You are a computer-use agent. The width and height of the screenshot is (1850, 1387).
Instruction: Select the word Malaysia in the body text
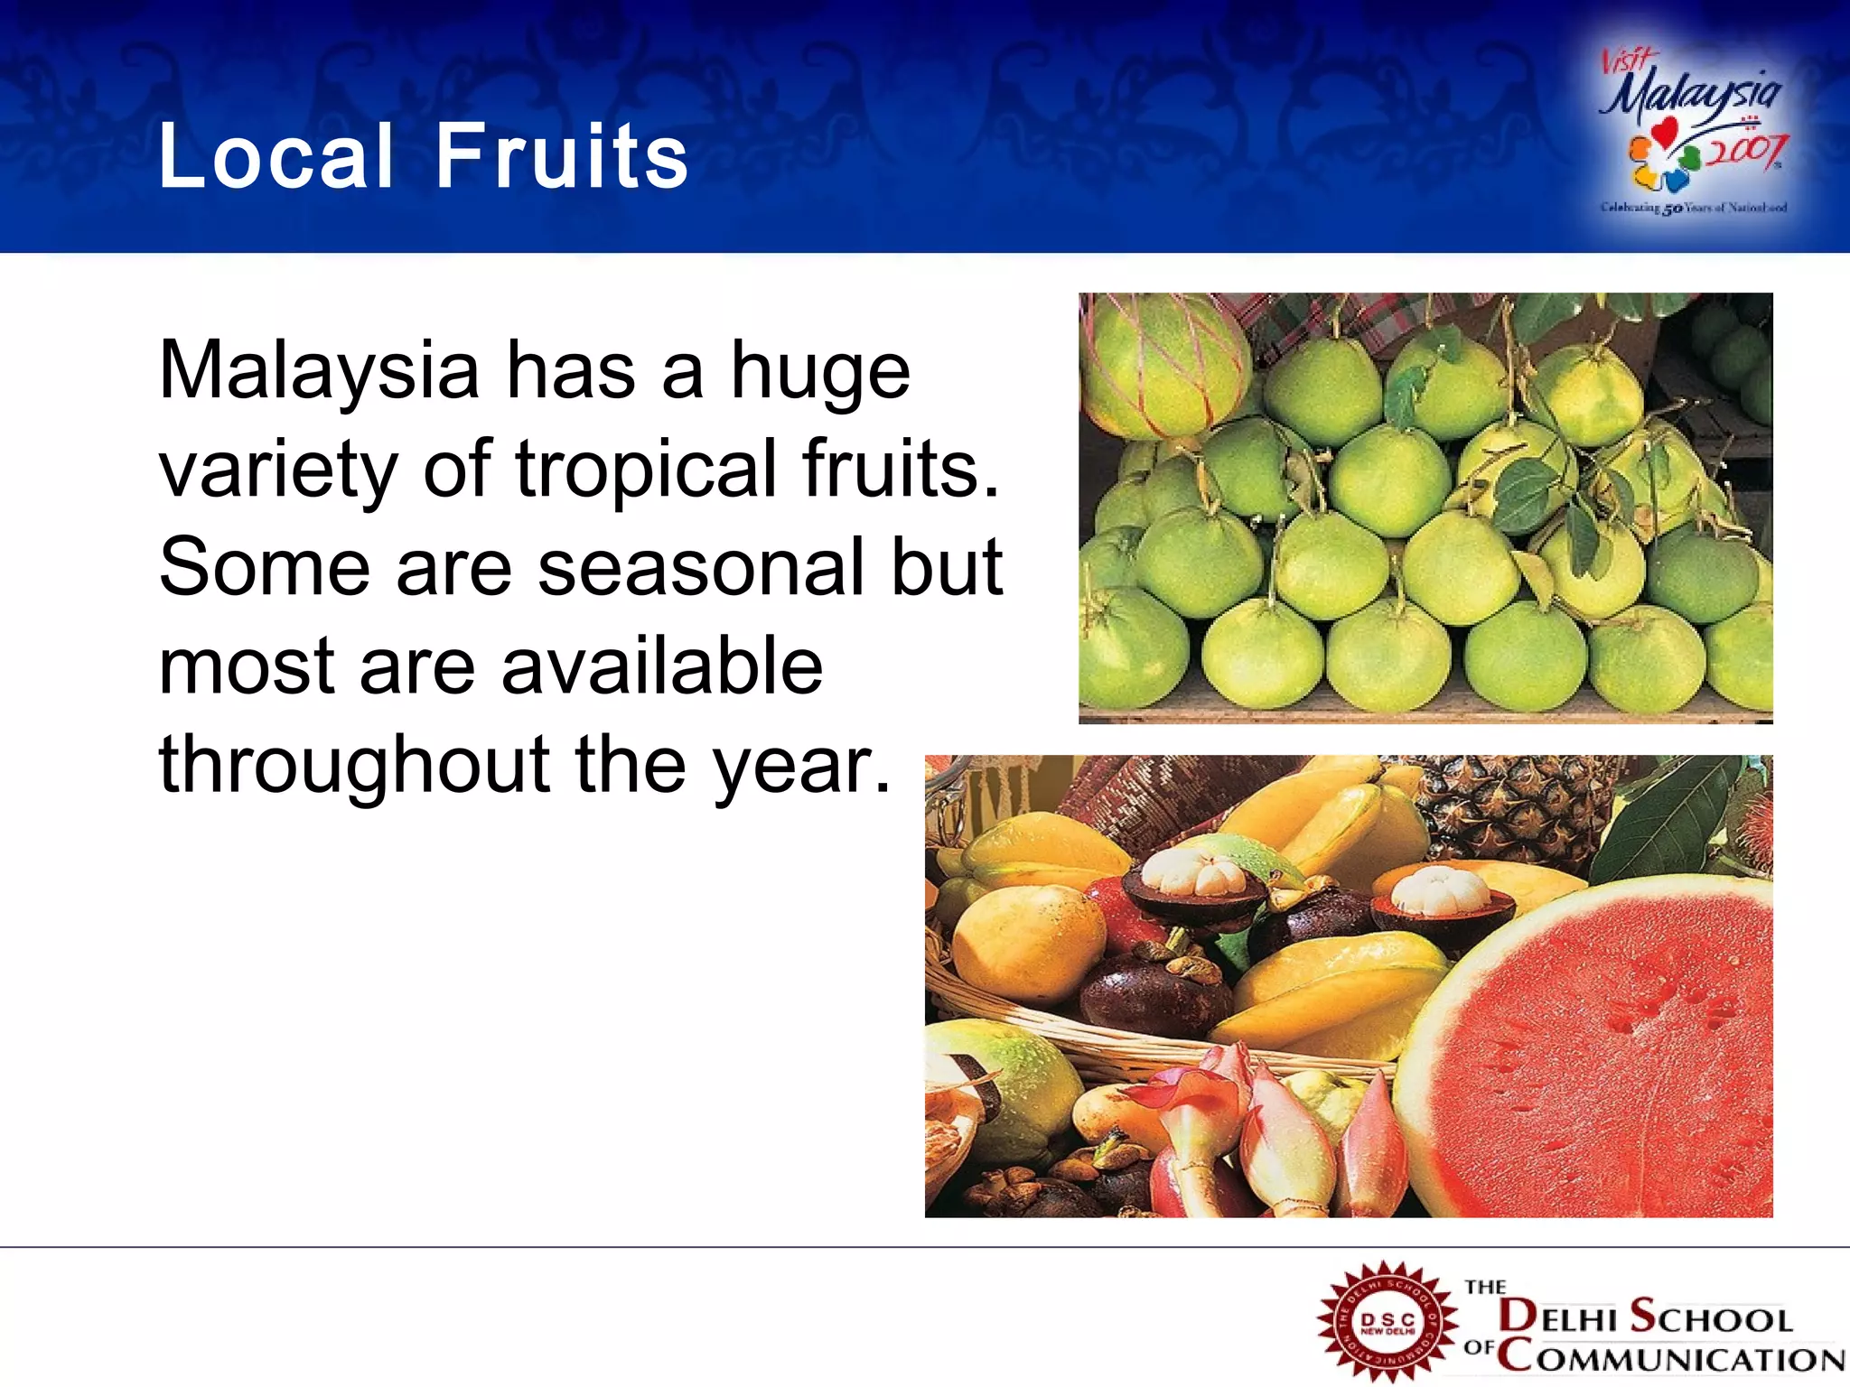(x=319, y=370)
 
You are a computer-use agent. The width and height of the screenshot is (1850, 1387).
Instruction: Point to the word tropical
(x=646, y=469)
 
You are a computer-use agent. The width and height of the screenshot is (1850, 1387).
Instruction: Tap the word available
(x=662, y=666)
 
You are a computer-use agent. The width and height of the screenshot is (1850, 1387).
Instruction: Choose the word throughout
(x=354, y=764)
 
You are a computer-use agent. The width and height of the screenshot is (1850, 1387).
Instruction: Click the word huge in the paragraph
(x=820, y=372)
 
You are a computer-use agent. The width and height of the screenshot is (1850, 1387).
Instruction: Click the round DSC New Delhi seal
(x=1387, y=1322)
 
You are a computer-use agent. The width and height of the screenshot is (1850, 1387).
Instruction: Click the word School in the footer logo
(x=1712, y=1317)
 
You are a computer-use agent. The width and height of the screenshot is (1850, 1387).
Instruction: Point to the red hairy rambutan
(x=1757, y=835)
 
